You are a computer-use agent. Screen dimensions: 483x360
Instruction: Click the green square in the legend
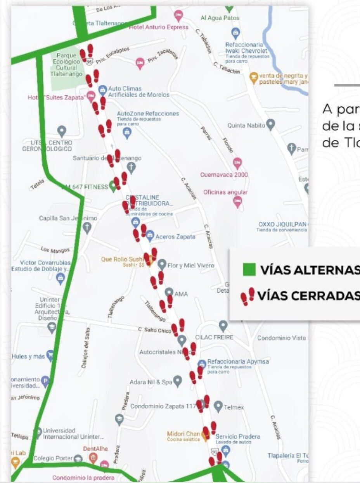pyautogui.click(x=249, y=270)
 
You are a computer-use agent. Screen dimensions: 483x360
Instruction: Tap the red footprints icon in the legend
pyautogui.click(x=247, y=297)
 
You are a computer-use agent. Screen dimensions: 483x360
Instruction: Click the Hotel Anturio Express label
pyautogui.click(x=159, y=27)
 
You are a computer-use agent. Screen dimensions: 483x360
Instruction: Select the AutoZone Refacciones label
pyautogui.click(x=148, y=114)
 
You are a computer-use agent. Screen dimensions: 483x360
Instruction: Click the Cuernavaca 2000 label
pyautogui.click(x=224, y=174)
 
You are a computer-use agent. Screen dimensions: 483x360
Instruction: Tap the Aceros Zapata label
pyautogui.click(x=175, y=236)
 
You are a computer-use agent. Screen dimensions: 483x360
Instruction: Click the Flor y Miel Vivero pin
pyautogui.click(x=162, y=265)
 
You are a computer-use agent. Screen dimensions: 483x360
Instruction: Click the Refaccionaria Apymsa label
pyautogui.click(x=238, y=361)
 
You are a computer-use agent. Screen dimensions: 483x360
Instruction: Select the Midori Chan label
pyautogui.click(x=183, y=433)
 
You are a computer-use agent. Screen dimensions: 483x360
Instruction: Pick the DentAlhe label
pyautogui.click(x=95, y=448)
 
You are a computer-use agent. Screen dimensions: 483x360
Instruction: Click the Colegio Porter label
pyautogui.click(x=53, y=458)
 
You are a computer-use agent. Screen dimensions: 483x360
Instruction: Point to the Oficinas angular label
pyautogui.click(x=225, y=192)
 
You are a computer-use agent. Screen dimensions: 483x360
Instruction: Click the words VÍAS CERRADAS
pyautogui.click(x=305, y=296)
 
